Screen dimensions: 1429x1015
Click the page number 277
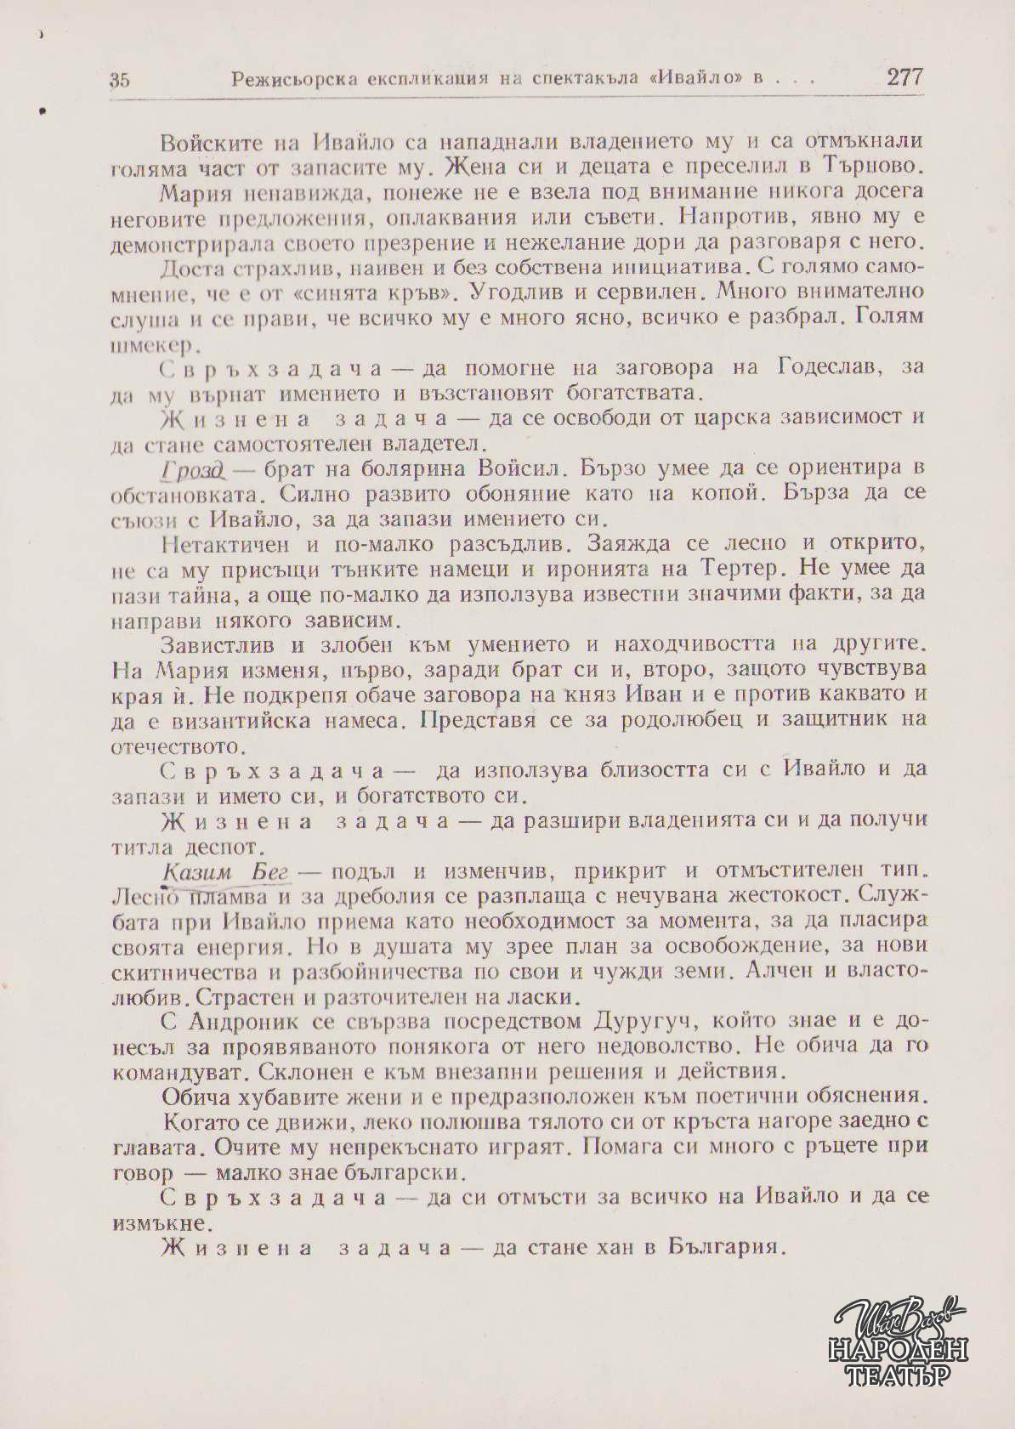904,77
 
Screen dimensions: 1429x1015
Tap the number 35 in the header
120,81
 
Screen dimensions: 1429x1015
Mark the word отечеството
179,747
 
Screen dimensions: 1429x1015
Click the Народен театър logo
899,1341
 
